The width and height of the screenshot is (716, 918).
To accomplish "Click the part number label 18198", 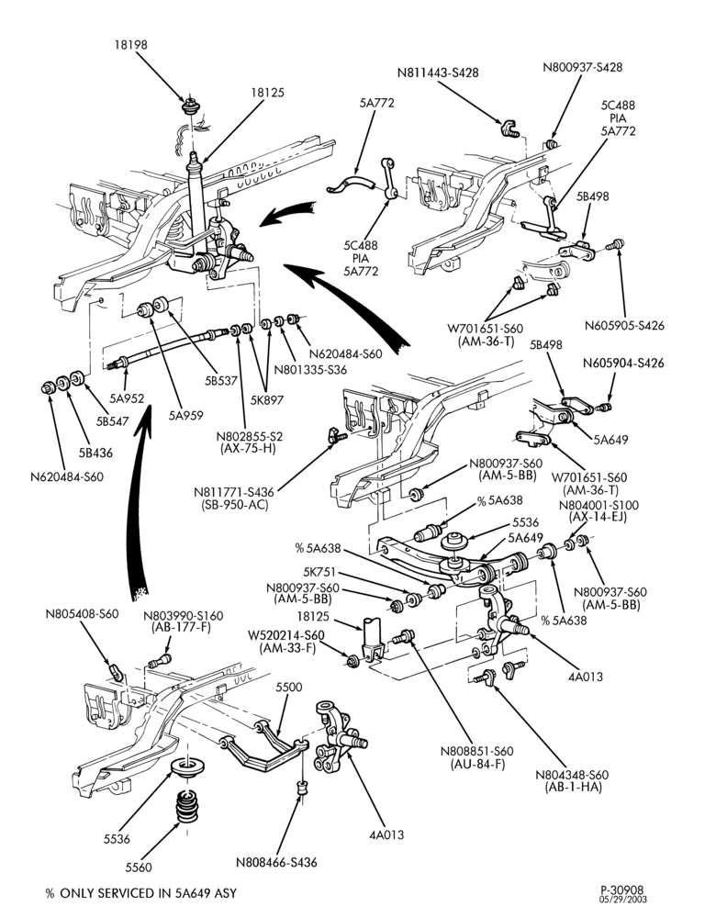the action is tap(130, 44).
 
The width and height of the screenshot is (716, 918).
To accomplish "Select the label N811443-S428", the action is tap(437, 73).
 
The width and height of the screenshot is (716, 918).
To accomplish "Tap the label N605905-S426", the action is tap(624, 326).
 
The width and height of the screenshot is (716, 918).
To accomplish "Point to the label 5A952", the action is tap(127, 398).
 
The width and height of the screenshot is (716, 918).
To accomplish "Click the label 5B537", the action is tap(220, 381).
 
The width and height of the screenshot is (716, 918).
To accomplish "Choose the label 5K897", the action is tap(266, 400).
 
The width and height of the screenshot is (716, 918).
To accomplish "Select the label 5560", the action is tap(139, 868).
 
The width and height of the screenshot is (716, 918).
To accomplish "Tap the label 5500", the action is tap(288, 687).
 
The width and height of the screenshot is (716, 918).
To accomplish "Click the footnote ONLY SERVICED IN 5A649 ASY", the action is tap(148, 893).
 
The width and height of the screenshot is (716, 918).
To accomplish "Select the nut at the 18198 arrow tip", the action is tap(189, 107).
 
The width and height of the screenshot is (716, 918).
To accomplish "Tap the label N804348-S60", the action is tap(571, 775).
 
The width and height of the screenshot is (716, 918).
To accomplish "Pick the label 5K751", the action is tap(319, 572).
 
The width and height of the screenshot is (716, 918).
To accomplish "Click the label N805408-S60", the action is tap(82, 613).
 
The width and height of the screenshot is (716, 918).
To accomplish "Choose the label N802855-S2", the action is tap(250, 437).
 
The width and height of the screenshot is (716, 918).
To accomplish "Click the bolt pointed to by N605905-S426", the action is tap(617, 245).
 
